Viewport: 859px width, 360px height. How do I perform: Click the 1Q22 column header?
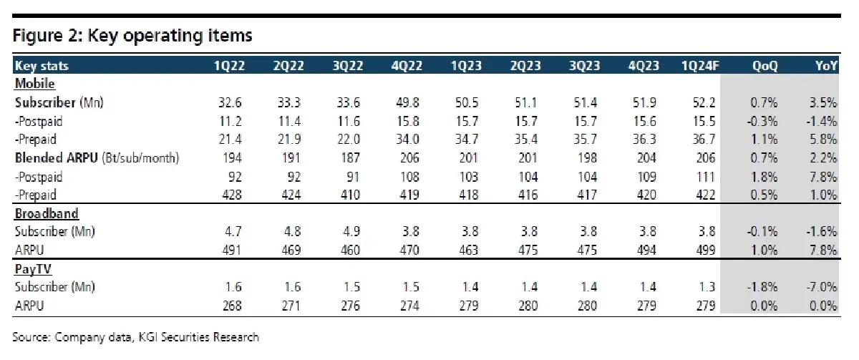point(229,66)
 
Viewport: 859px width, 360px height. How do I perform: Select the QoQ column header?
point(765,66)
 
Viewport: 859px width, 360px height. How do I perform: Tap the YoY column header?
point(826,66)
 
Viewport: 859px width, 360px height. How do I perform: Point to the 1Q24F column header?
point(700,66)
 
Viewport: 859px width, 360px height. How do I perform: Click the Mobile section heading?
point(34,84)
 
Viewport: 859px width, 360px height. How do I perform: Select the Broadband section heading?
point(47,213)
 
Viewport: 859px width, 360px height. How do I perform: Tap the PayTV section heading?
point(33,270)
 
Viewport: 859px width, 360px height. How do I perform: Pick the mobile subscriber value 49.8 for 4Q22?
point(407,103)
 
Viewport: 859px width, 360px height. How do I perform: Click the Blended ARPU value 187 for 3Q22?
point(350,158)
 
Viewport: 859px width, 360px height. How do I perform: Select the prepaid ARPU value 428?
point(232,195)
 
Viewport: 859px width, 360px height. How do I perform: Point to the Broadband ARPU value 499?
point(706,250)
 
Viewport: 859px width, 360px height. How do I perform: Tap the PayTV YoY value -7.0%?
point(822,287)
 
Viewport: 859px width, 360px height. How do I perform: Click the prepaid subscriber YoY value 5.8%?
point(823,139)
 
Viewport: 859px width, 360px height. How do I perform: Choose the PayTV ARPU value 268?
point(232,306)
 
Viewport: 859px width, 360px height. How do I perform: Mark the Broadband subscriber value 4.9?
point(351,232)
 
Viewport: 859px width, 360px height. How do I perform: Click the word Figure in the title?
point(37,36)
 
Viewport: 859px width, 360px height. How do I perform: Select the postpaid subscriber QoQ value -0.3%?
point(762,122)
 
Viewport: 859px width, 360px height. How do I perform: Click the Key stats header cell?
point(42,66)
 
